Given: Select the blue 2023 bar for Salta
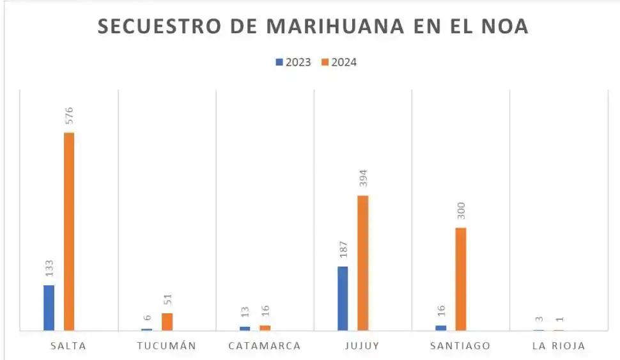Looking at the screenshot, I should click(49, 308).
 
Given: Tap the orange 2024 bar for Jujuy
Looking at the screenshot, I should click(362, 263).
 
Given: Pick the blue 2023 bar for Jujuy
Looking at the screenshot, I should click(343, 298).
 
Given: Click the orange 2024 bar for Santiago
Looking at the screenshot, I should click(461, 279).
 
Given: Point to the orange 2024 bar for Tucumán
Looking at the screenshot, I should click(167, 322).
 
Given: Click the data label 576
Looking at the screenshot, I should click(69, 115).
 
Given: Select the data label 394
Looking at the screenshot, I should click(362, 178).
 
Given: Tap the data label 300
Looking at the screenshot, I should click(461, 211).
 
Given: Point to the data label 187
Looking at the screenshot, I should click(343, 249).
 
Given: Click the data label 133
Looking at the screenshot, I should click(49, 268).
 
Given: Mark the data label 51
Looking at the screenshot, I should click(167, 299).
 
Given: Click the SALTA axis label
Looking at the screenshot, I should click(68, 346).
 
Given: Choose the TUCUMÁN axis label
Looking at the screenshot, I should click(166, 346).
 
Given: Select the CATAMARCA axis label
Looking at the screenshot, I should click(265, 346).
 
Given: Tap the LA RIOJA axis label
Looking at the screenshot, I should click(558, 346).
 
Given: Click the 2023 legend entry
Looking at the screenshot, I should click(293, 62).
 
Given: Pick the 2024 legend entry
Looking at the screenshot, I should click(339, 62).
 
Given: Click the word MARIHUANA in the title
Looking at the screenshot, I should click(335, 26).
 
